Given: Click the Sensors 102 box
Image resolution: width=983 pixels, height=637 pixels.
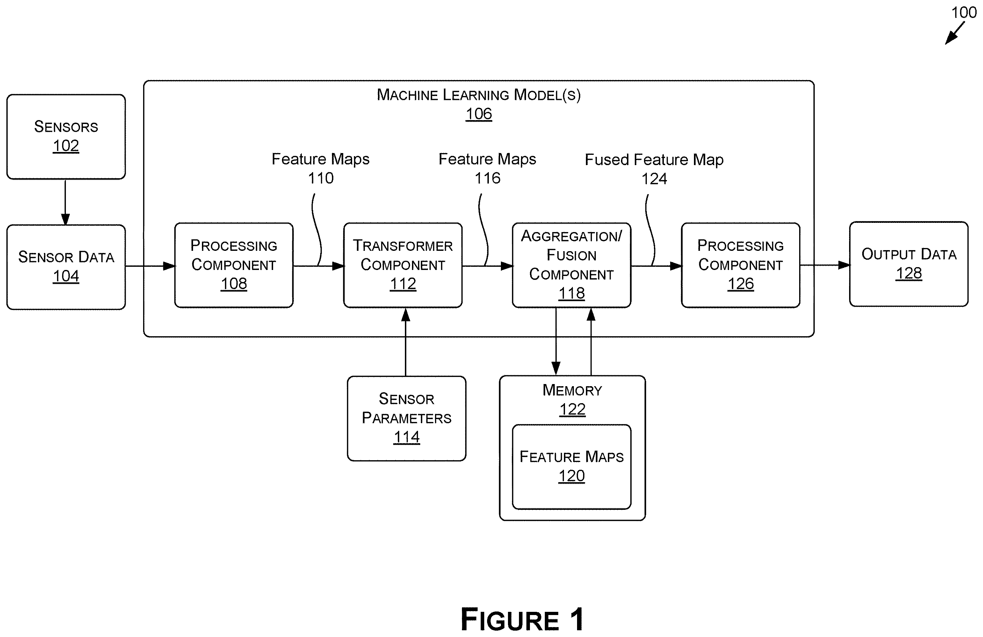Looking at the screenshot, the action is coord(66,137).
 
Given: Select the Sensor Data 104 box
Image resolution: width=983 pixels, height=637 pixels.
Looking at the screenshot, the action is coord(66,267).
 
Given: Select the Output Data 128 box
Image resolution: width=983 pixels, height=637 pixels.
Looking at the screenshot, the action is coord(909,264).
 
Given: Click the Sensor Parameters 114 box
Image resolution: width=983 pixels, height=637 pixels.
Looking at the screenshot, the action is coord(406,418).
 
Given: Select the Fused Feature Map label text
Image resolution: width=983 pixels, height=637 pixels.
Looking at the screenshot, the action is coord(654,159).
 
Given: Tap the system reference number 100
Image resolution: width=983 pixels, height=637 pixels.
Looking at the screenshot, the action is coord(964,12).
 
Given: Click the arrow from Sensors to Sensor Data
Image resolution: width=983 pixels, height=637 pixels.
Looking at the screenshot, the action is coord(65,202).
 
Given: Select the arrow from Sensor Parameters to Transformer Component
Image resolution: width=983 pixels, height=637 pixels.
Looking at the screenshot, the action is coord(406,342).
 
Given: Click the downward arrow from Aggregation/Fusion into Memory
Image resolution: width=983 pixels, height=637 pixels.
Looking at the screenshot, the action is coord(556,341).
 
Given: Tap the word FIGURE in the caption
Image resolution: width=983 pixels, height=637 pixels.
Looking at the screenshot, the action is coord(510,620).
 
